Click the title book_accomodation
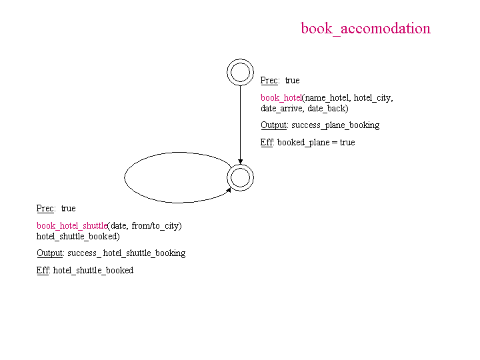point(365,29)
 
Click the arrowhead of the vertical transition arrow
point(240,161)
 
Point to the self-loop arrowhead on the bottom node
point(229,191)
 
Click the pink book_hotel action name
point(281,97)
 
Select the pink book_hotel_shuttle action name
point(72,225)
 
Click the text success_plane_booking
point(335,125)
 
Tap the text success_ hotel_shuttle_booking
point(127,253)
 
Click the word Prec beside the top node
point(269,81)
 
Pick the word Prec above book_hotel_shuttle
point(45,209)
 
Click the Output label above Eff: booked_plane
point(274,125)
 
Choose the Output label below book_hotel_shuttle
point(49,253)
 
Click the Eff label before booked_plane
point(266,143)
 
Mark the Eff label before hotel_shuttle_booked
point(42,270)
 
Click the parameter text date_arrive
point(281,109)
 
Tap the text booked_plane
point(303,143)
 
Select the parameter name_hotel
point(327,98)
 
